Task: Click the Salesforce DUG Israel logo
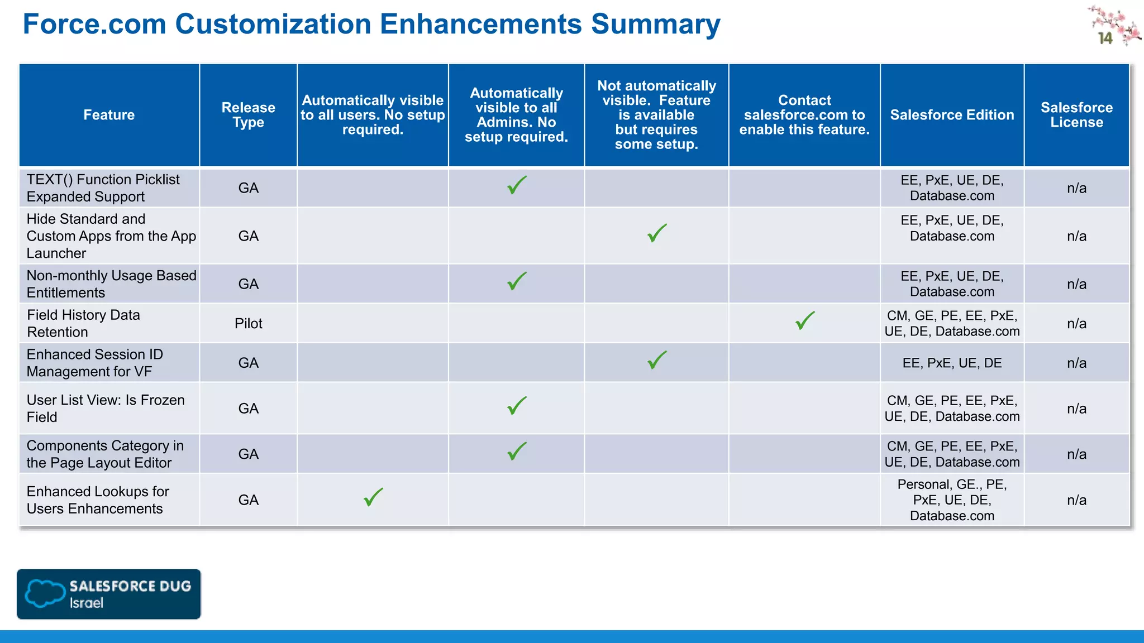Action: pos(108,594)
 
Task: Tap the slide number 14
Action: pos(1105,39)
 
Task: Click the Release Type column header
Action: pos(248,115)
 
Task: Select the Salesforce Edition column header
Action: pos(952,115)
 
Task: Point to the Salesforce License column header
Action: pos(1076,115)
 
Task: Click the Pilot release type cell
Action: pos(248,324)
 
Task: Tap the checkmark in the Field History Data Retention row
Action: pos(805,321)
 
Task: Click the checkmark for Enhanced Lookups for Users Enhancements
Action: pos(373,497)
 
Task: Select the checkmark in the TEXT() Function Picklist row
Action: pos(517,185)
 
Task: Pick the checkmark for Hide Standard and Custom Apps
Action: pos(657,233)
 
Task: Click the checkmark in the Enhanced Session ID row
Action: pos(657,360)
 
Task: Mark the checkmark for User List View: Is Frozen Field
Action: pos(517,406)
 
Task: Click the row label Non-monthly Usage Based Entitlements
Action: pos(111,284)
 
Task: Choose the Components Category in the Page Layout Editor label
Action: pos(105,454)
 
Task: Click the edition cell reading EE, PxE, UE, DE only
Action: pos(952,363)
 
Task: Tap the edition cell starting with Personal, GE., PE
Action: pos(952,500)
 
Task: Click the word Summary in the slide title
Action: pos(655,25)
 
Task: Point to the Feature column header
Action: pos(109,115)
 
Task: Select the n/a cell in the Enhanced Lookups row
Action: pos(1076,500)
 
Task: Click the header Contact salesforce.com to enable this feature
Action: pos(804,115)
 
